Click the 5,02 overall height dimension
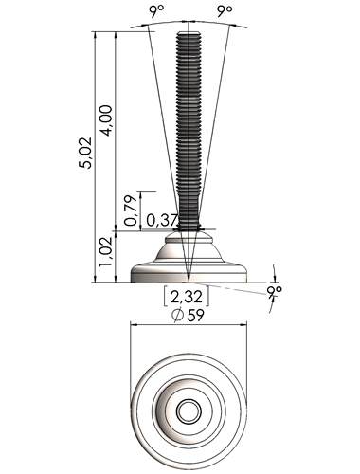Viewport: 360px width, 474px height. point(85,153)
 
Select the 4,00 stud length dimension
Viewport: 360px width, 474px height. point(107,120)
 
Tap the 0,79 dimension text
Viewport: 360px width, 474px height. point(131,210)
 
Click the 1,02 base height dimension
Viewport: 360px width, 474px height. point(106,251)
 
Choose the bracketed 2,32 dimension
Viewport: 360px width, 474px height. point(186,297)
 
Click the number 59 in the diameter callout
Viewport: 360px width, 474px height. point(195,315)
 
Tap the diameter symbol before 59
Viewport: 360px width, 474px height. point(178,316)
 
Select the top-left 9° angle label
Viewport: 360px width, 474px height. point(156,12)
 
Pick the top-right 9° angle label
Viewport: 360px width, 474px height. point(225,12)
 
